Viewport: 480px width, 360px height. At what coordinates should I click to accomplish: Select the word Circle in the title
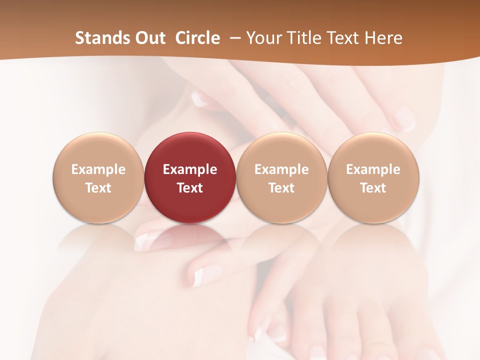197,38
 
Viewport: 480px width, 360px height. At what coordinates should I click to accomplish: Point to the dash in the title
234,38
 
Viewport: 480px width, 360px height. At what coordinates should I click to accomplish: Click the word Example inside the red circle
190,169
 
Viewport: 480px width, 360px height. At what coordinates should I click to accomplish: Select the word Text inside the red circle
190,188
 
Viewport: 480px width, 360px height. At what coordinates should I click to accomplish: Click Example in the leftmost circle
98,169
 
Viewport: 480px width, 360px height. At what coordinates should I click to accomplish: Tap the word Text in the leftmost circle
98,188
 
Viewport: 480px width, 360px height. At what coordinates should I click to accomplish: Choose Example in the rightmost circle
373,169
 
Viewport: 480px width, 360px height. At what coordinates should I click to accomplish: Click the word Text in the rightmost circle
373,188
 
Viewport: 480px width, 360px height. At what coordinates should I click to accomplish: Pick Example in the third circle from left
281,169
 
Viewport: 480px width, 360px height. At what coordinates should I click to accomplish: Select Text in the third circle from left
281,188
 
